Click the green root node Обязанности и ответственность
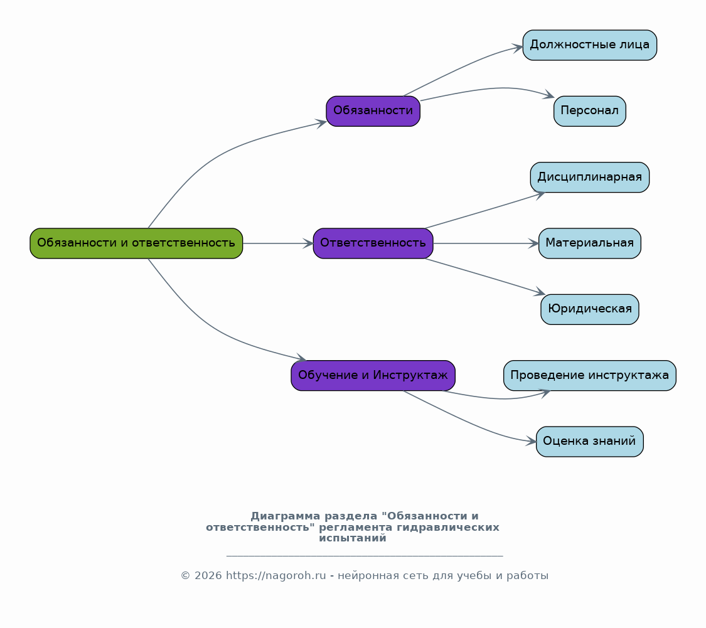pos(136,243)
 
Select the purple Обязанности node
pos(373,111)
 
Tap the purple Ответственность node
pos(373,243)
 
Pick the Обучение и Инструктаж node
pos(373,375)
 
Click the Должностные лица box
pos(590,45)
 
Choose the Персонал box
pos(590,111)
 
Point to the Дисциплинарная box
pos(590,178)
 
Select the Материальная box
pos(590,243)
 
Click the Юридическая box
pos(590,309)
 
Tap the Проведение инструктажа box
pos(590,375)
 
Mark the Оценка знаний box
pos(590,442)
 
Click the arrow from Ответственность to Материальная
pos(486,243)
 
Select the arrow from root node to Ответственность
pos(278,243)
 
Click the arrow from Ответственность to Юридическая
pos(485,277)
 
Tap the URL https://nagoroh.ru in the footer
pos(275,576)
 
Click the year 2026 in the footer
pos(208,576)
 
